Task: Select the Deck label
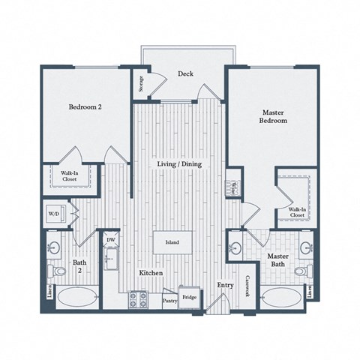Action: pos(186,74)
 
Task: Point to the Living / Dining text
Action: pos(178,164)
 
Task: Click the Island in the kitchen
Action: pos(172,243)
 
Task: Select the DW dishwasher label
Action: pos(110,240)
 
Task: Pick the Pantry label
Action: pos(169,301)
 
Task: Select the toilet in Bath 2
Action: pos(57,270)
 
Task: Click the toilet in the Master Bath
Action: pos(301,271)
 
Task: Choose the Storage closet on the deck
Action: pos(140,84)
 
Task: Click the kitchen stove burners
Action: pos(138,299)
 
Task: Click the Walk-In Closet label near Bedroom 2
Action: pos(70,176)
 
